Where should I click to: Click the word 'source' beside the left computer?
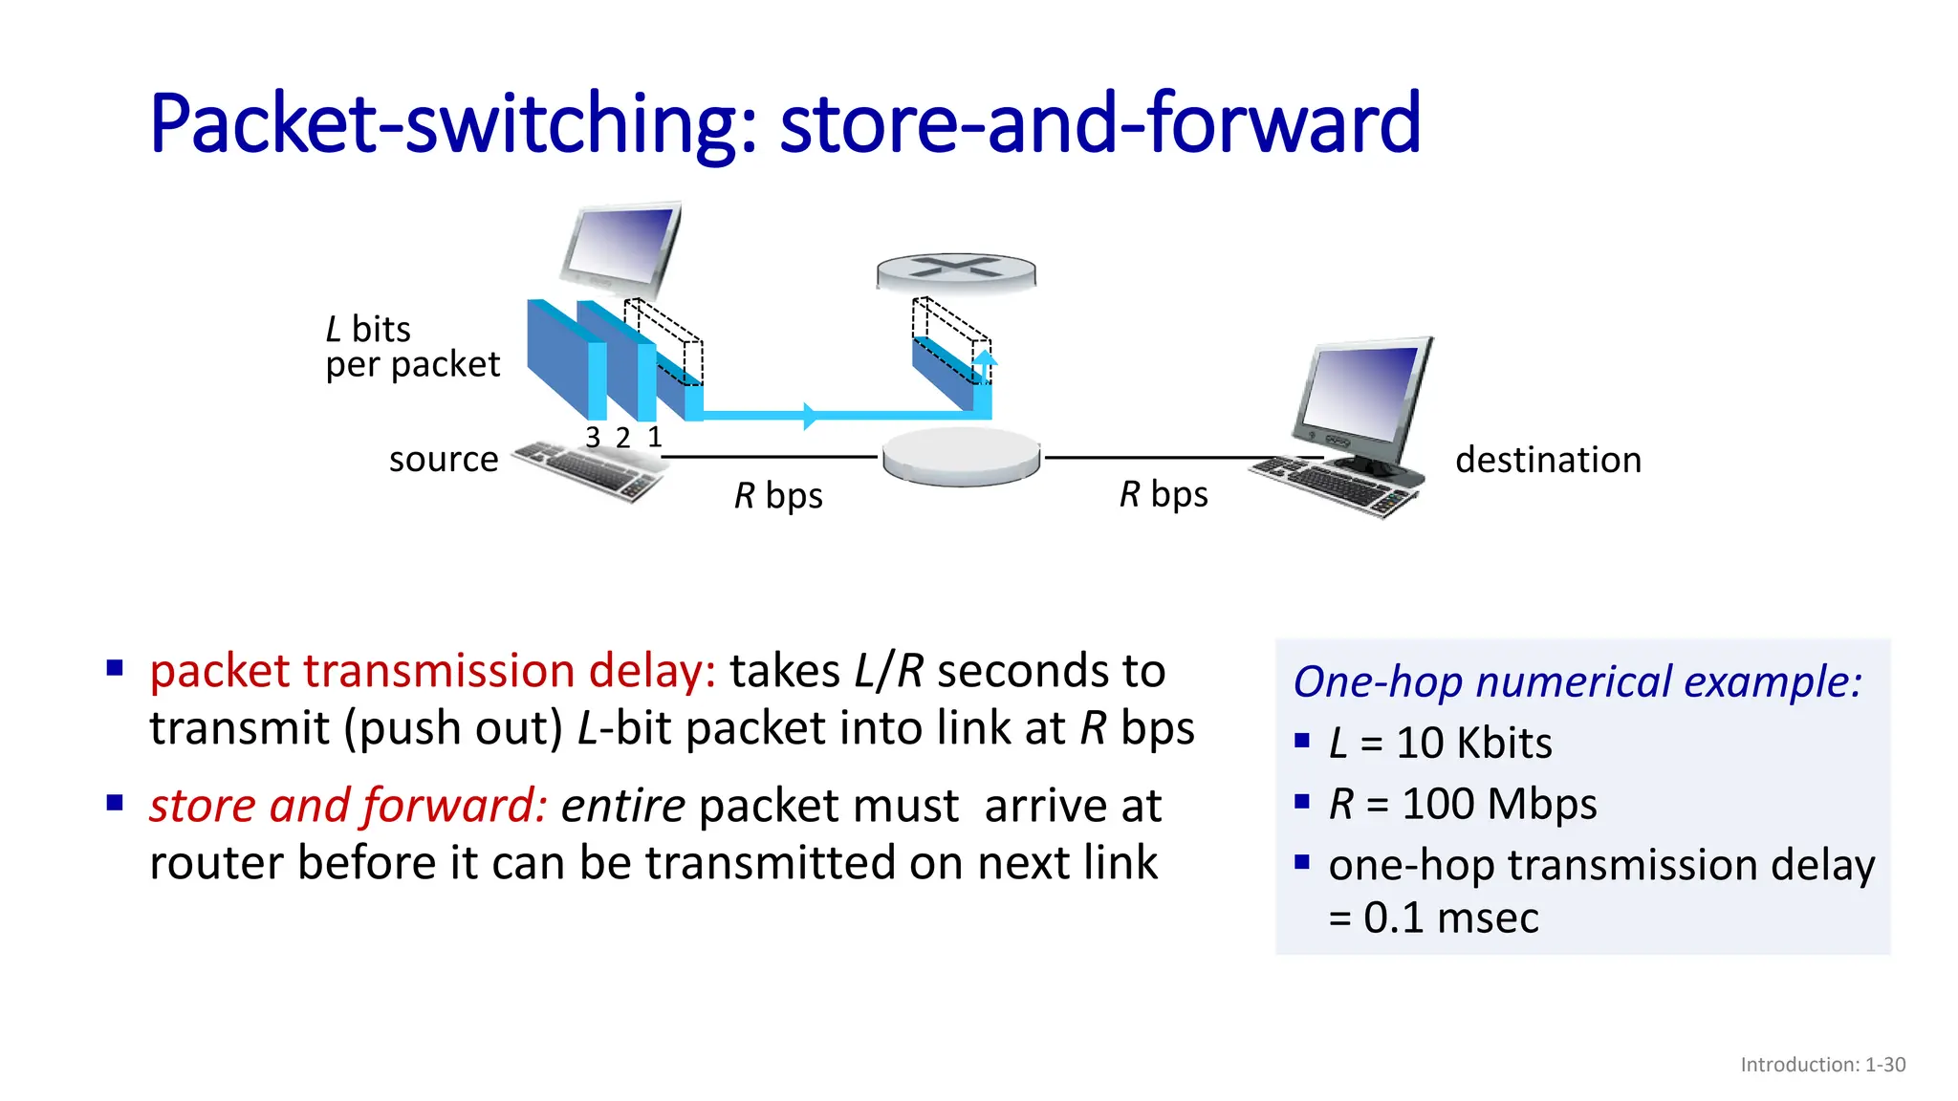click(x=444, y=460)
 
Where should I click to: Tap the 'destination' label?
click(x=1548, y=460)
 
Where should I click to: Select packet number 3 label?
click(x=593, y=438)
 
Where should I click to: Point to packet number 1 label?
click(x=655, y=438)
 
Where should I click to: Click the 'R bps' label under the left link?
click(x=778, y=496)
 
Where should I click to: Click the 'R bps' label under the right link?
click(x=1164, y=494)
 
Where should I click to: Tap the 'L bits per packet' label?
click(x=412, y=347)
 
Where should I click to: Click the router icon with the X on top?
click(x=956, y=271)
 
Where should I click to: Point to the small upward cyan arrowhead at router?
click(x=985, y=360)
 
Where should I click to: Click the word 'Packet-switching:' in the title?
click(x=454, y=123)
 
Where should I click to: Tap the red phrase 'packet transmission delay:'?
click(x=432, y=671)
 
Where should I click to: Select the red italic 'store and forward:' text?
click(x=348, y=806)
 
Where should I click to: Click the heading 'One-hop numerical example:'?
click(x=1577, y=682)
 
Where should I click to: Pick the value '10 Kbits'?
click(x=1474, y=744)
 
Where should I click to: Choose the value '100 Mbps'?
click(x=1499, y=804)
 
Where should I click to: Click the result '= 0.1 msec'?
click(x=1434, y=918)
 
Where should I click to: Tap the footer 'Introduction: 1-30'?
click(x=1822, y=1065)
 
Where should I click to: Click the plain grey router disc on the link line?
click(x=961, y=457)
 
